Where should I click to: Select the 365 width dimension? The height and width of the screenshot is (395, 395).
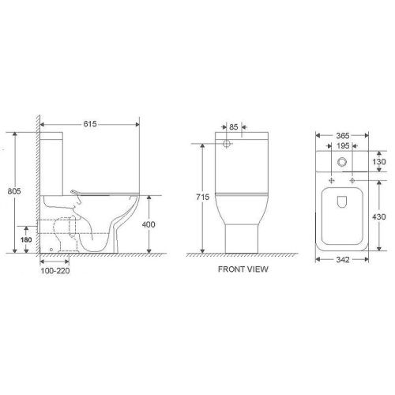point(342,135)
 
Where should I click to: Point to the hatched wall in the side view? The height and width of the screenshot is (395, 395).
point(36,190)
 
